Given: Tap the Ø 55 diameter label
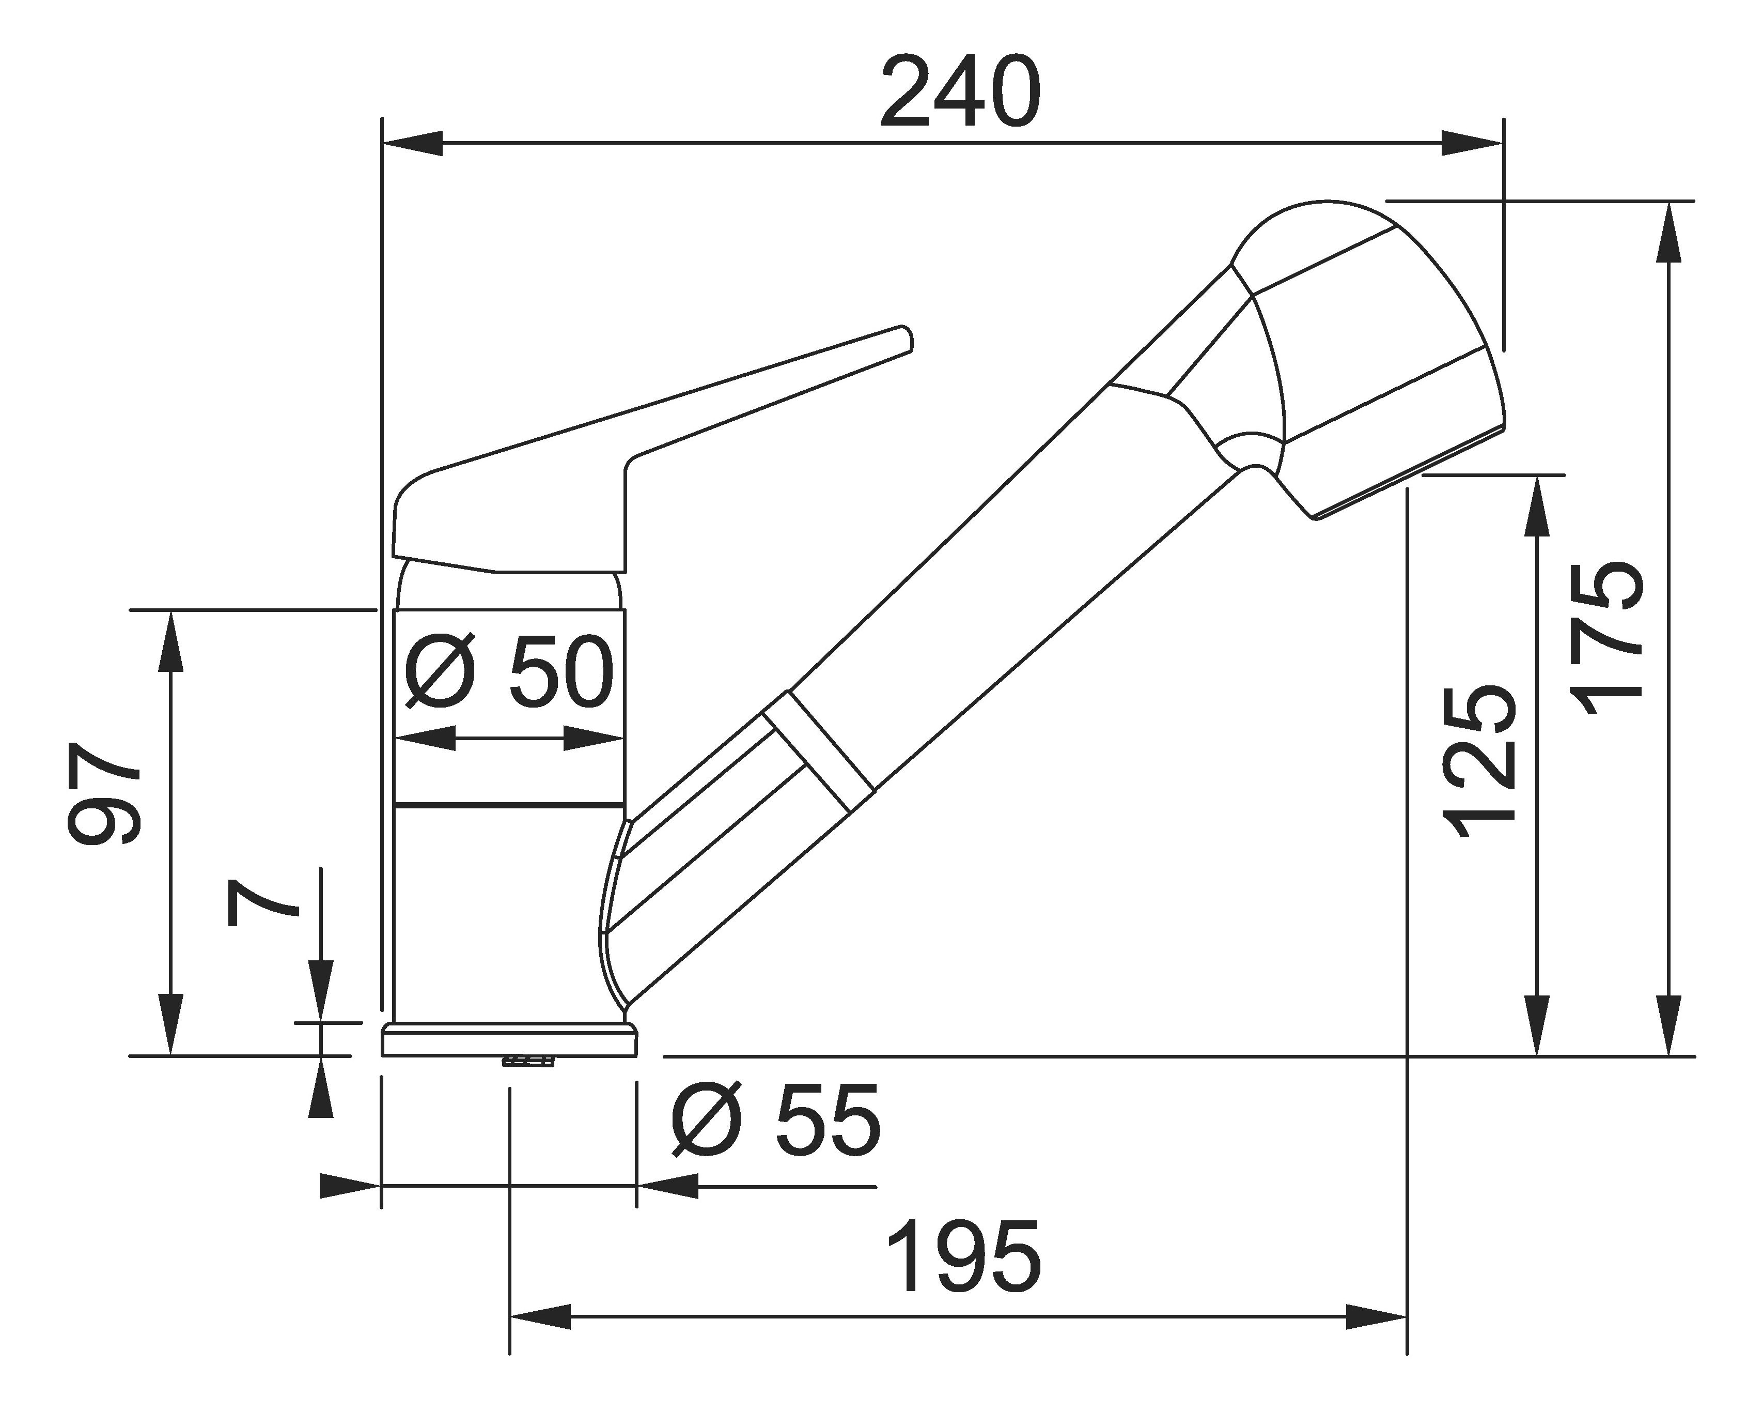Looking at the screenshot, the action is click(775, 1120).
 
